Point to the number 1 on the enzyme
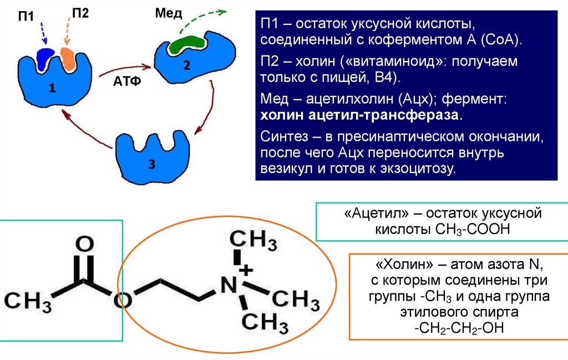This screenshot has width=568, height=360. [52, 88]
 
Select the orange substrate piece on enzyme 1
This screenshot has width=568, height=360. [68, 58]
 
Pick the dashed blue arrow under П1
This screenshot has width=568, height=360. [43, 33]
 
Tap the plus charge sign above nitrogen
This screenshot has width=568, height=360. [246, 270]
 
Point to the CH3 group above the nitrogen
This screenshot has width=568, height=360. [252, 242]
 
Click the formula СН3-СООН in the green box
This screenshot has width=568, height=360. [471, 229]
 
